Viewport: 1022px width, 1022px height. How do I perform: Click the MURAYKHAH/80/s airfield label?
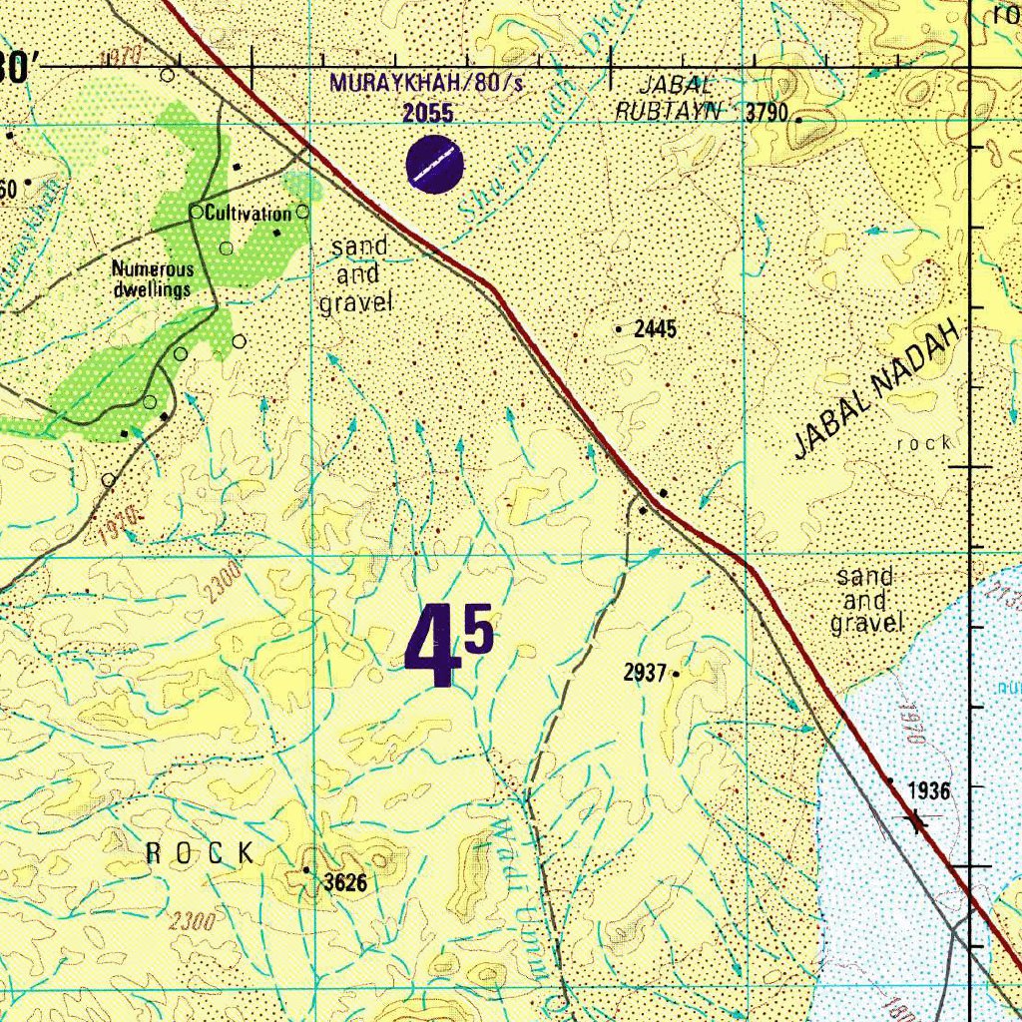(427, 82)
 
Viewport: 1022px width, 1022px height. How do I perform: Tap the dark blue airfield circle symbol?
(436, 164)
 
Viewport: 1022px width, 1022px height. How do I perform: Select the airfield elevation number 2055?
(428, 113)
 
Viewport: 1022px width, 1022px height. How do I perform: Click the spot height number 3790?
(767, 112)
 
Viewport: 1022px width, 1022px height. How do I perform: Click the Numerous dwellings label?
(151, 279)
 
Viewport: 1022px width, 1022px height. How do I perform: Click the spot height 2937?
(645, 674)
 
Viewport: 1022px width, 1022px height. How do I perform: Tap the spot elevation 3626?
(345, 882)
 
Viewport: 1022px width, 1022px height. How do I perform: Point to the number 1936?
(928, 791)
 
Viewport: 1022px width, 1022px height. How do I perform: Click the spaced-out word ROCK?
(201, 852)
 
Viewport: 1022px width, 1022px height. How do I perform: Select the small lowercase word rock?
(924, 442)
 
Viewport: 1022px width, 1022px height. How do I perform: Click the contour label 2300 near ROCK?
(192, 920)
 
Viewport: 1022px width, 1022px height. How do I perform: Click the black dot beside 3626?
(306, 870)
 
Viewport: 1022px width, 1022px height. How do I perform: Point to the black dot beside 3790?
(798, 120)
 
